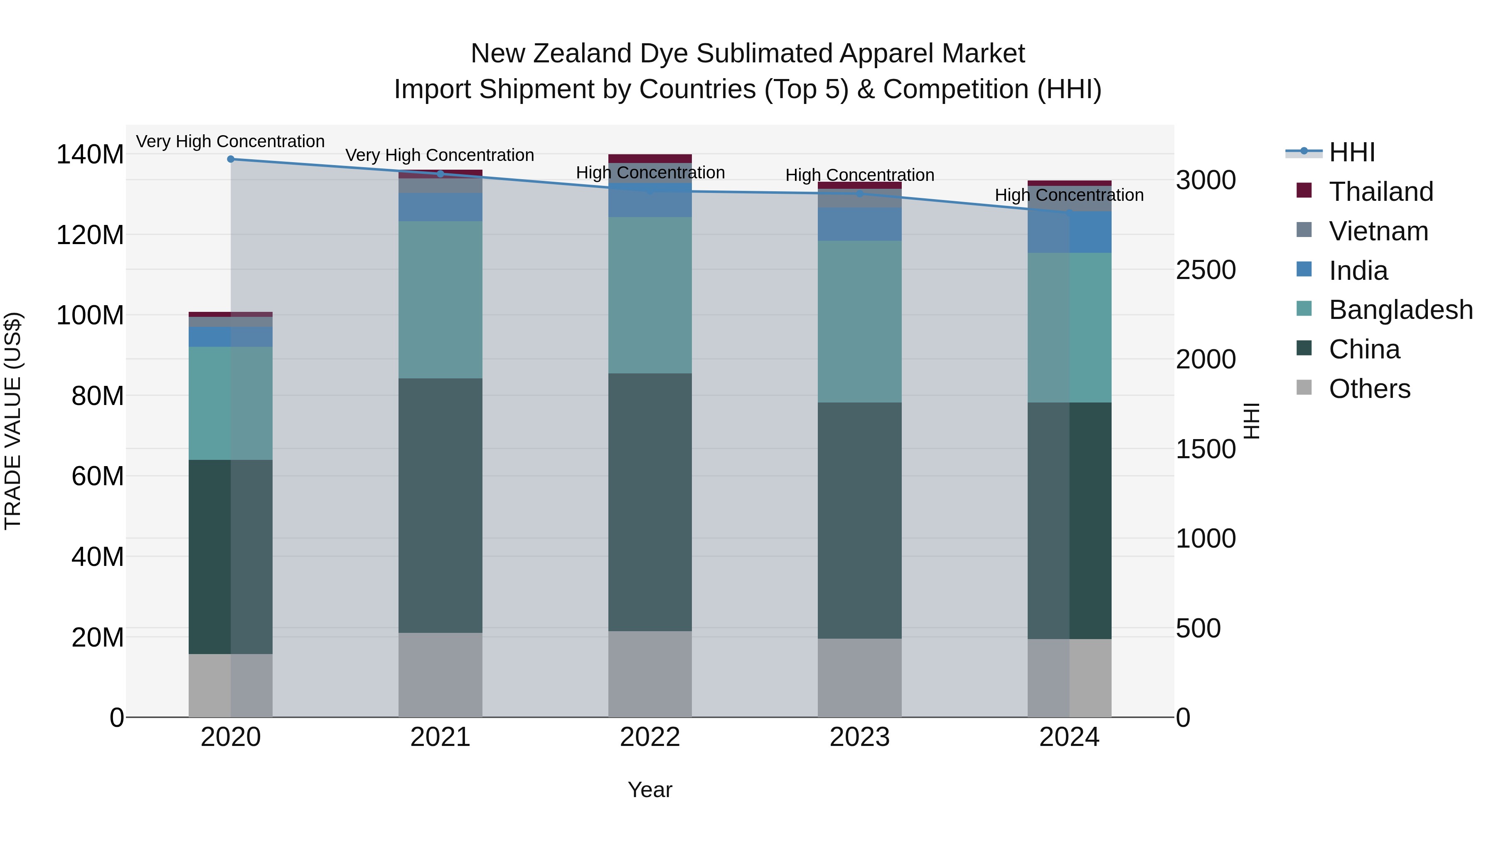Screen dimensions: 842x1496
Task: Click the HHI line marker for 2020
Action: pyautogui.click(x=231, y=159)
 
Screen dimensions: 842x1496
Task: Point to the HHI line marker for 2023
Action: pyautogui.click(x=859, y=193)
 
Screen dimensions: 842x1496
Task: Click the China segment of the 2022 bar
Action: pyautogui.click(x=650, y=502)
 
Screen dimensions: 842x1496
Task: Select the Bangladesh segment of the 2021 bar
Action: pyautogui.click(x=440, y=300)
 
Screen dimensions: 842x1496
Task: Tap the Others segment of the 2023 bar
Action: pyautogui.click(x=859, y=678)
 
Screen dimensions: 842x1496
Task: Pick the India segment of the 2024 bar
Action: pyautogui.click(x=1069, y=232)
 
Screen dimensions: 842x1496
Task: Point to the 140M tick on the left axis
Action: pyautogui.click(x=90, y=155)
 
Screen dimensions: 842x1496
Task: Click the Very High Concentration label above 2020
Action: pyautogui.click(x=231, y=141)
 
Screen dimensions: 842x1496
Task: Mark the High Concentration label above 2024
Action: pyautogui.click(x=1069, y=195)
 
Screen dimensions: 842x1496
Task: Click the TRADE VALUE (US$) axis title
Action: pyautogui.click(x=13, y=421)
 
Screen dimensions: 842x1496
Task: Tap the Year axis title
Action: pyautogui.click(x=650, y=790)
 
